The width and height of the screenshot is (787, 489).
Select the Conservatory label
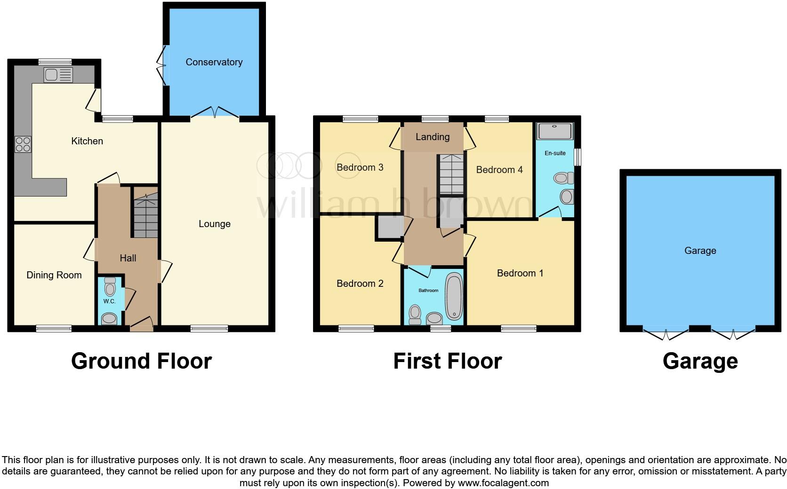click(x=214, y=62)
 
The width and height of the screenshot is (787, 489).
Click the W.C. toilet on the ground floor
click(x=110, y=286)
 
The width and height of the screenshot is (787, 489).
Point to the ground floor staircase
click(x=145, y=213)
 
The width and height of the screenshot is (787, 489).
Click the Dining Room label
click(x=54, y=275)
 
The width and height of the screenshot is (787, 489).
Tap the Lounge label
click(x=215, y=224)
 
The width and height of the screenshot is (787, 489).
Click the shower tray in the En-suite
click(x=555, y=131)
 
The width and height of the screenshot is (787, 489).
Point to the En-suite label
click(x=555, y=153)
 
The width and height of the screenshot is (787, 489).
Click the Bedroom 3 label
click(x=360, y=167)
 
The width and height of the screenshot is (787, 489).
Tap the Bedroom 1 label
click(x=520, y=273)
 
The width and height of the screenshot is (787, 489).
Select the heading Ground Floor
click(x=141, y=361)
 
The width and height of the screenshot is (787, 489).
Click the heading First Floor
click(x=448, y=361)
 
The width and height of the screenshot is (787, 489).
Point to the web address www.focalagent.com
click(x=503, y=483)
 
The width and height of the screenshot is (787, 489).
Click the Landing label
click(x=433, y=137)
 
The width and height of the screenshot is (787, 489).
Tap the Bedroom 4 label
click(x=499, y=170)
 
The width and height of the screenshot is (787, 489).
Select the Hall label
click(x=128, y=258)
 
